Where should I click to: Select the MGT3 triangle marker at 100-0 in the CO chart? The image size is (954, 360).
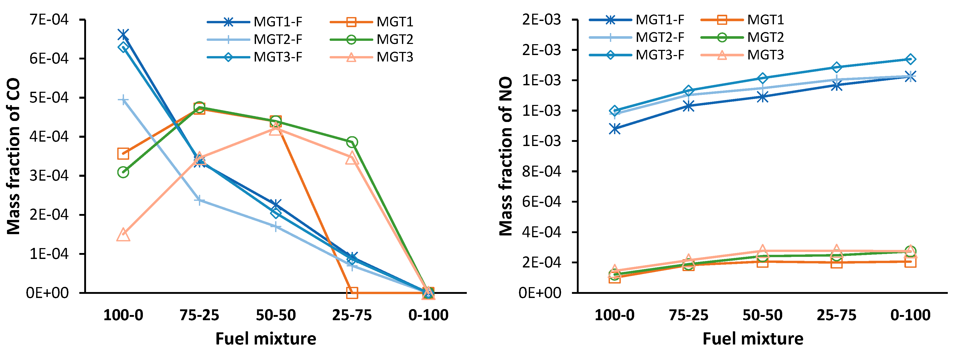click(x=123, y=235)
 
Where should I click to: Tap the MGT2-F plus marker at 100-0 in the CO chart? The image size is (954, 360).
click(x=123, y=100)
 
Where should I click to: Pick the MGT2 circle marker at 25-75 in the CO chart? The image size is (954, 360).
click(x=352, y=142)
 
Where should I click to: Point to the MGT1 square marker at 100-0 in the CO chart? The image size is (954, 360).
click(x=123, y=153)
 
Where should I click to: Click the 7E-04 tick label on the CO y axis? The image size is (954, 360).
click(x=49, y=19)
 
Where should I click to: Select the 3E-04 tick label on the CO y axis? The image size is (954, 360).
click(x=49, y=175)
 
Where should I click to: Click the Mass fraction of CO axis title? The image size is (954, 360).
click(x=14, y=156)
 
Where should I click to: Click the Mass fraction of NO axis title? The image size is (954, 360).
click(x=506, y=156)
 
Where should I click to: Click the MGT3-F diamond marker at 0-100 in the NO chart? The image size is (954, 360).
click(x=910, y=59)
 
